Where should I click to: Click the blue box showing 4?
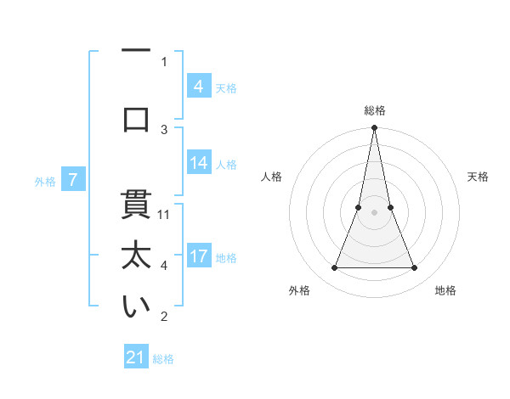coord(198,86)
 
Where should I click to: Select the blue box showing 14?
coord(198,163)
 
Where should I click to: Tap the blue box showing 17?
coord(198,256)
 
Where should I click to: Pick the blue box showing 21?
coord(136,357)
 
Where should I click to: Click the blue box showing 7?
coord(74,179)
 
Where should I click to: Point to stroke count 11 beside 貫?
coord(165,214)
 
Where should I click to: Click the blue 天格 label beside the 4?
coord(226,87)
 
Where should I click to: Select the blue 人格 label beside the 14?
coord(226,165)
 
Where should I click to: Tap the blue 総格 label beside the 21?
coord(163,359)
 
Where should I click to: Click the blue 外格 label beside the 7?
coord(45,181)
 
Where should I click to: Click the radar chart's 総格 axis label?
coord(374,110)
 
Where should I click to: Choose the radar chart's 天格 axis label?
coord(479,177)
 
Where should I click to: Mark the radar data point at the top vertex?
coord(374,128)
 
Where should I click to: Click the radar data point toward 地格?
coord(415,268)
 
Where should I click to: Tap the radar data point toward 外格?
coord(334,268)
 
